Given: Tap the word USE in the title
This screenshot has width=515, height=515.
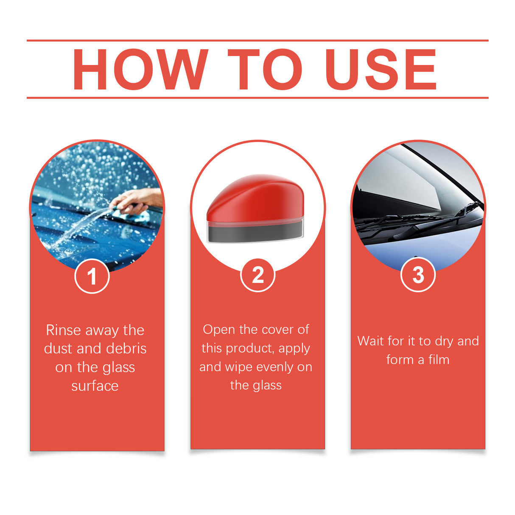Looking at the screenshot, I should tap(381, 69).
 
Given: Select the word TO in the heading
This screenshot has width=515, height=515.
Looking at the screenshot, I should tap(264, 69).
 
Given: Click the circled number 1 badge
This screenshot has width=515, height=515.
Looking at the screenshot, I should tap(92, 276).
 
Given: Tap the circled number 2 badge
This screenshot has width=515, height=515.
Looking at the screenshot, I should tap(257, 275).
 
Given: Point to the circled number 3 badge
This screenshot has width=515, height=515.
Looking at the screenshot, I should tap(418, 275).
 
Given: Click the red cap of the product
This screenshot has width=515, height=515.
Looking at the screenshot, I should tap(255, 197).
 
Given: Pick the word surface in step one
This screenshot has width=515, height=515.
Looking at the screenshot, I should tap(95, 386).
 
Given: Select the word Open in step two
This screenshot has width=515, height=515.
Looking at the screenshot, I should tap(219, 330).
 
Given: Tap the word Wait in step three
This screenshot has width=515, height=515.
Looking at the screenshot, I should tap(371, 341).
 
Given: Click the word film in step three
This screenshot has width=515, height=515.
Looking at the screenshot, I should tap(439, 360).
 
